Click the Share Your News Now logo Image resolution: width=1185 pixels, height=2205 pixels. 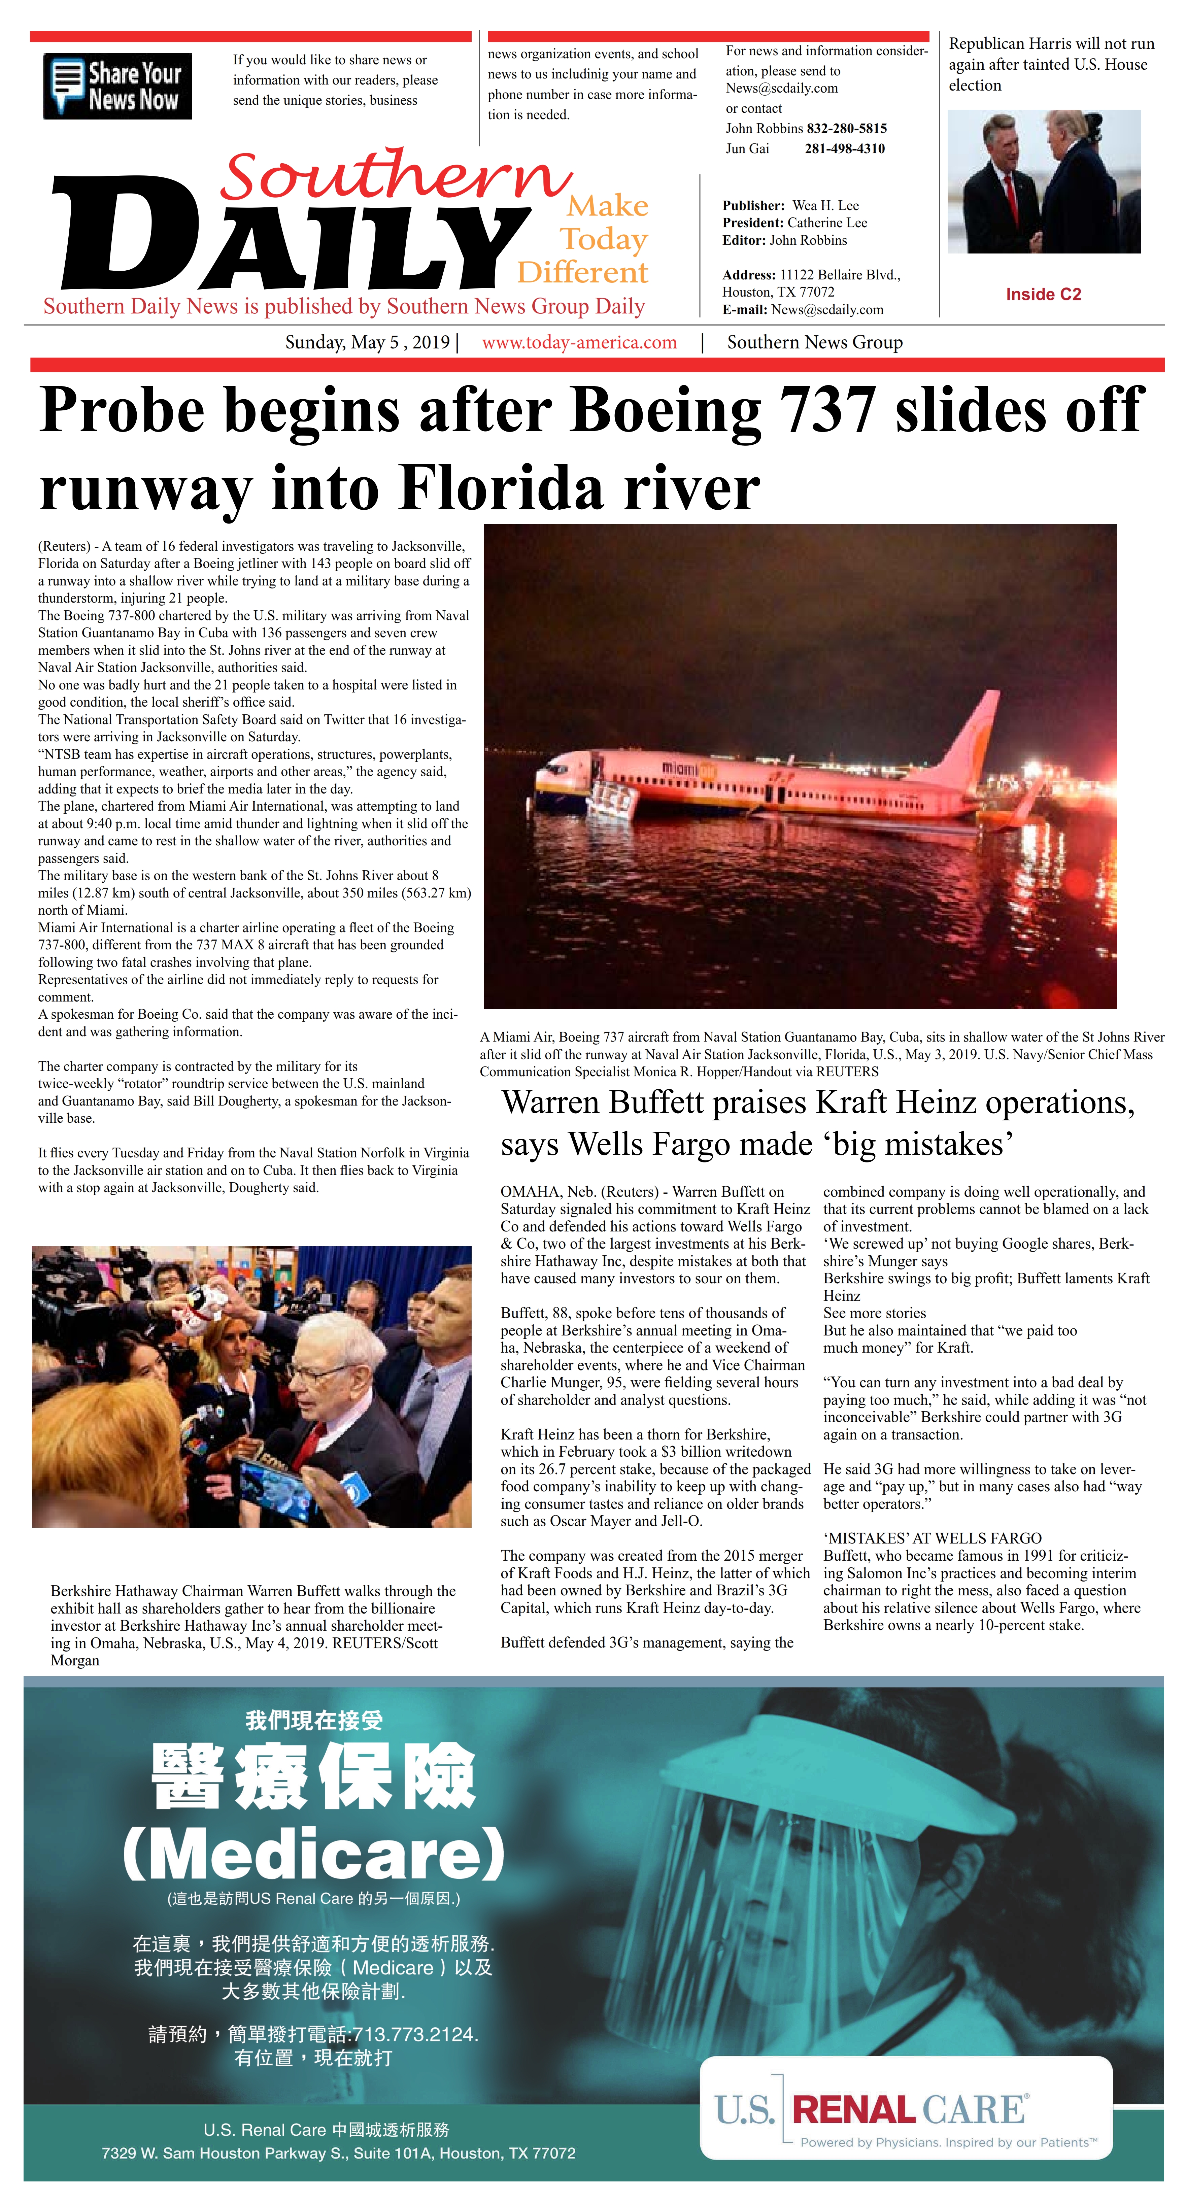[117, 87]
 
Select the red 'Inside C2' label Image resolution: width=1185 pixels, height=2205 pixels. [1043, 295]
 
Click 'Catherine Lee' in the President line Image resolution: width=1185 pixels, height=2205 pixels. [827, 223]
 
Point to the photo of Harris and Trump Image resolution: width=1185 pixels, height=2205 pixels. [1044, 181]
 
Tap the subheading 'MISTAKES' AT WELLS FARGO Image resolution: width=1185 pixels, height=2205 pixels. [933, 1538]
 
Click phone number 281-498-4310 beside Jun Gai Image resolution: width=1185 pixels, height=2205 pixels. [844, 149]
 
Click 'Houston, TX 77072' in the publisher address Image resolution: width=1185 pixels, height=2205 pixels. [778, 292]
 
